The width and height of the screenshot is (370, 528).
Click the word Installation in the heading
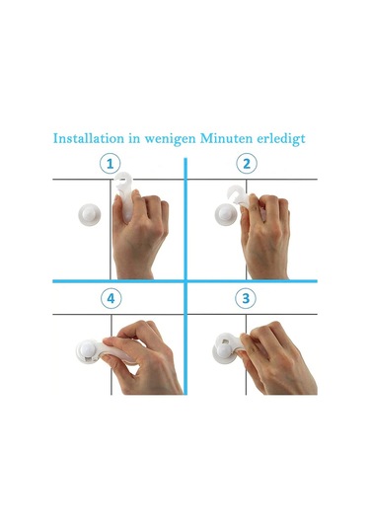(89, 138)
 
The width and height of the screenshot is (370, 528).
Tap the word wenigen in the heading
(170, 139)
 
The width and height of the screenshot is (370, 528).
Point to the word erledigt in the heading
(281, 139)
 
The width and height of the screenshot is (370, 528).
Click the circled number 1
(111, 164)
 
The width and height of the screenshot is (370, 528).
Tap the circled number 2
(247, 164)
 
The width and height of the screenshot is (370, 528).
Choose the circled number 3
(246, 298)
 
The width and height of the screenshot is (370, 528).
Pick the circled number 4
(111, 298)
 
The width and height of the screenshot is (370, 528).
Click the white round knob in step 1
(90, 214)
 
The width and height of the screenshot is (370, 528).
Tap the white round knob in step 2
(226, 214)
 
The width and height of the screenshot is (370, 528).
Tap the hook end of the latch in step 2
(238, 194)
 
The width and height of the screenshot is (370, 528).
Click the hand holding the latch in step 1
(140, 236)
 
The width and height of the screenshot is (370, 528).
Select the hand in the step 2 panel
(265, 237)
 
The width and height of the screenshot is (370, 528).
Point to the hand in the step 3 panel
(278, 358)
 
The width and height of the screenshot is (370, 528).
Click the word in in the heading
(134, 138)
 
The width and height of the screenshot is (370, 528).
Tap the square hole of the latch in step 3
(226, 341)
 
